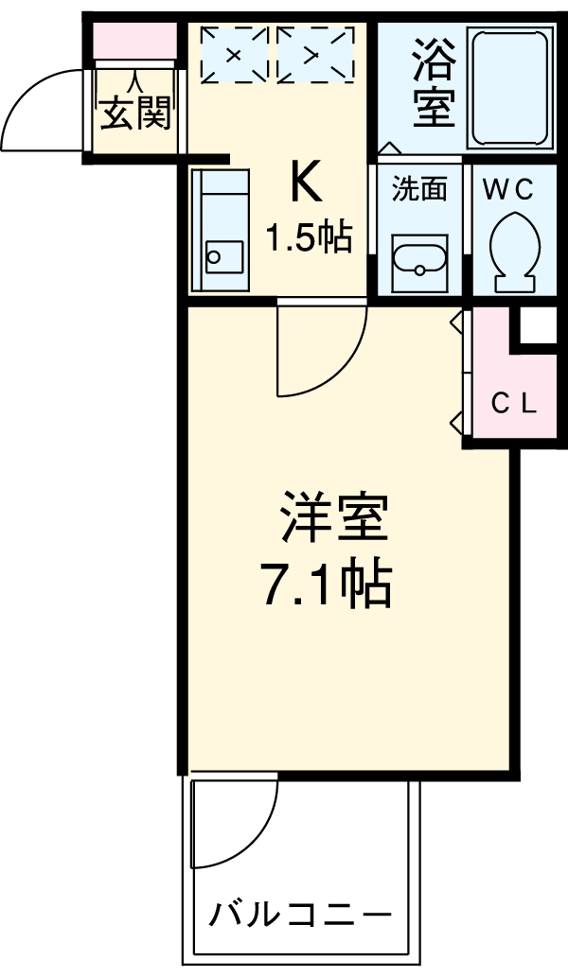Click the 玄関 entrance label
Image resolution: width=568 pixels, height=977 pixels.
(x=135, y=115)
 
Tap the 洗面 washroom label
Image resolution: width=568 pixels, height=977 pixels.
(x=418, y=189)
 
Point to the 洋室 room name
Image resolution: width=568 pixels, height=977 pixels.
(x=333, y=518)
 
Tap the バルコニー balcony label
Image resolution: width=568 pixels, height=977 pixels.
(x=300, y=915)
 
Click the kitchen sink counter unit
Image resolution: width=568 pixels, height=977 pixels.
(x=221, y=229)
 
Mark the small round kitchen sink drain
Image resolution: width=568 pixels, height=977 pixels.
(x=214, y=255)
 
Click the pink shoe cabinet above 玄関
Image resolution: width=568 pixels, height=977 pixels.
(x=133, y=44)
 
